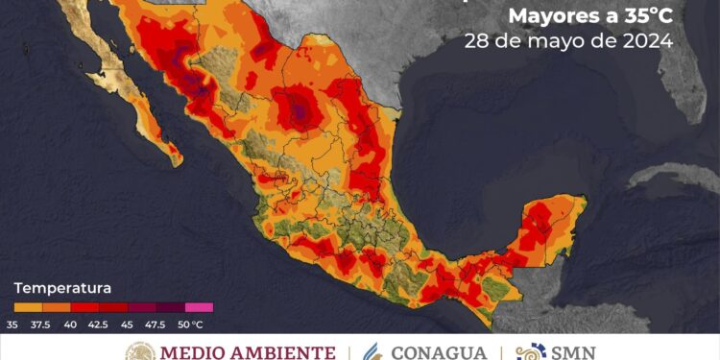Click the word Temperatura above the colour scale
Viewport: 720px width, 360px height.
pos(61,287)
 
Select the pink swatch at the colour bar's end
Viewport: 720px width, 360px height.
pos(200,308)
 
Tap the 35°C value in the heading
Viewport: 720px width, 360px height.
pos(646,16)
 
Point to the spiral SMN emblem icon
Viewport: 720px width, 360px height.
pos(530,351)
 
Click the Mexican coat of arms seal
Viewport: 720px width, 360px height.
pos(139,352)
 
